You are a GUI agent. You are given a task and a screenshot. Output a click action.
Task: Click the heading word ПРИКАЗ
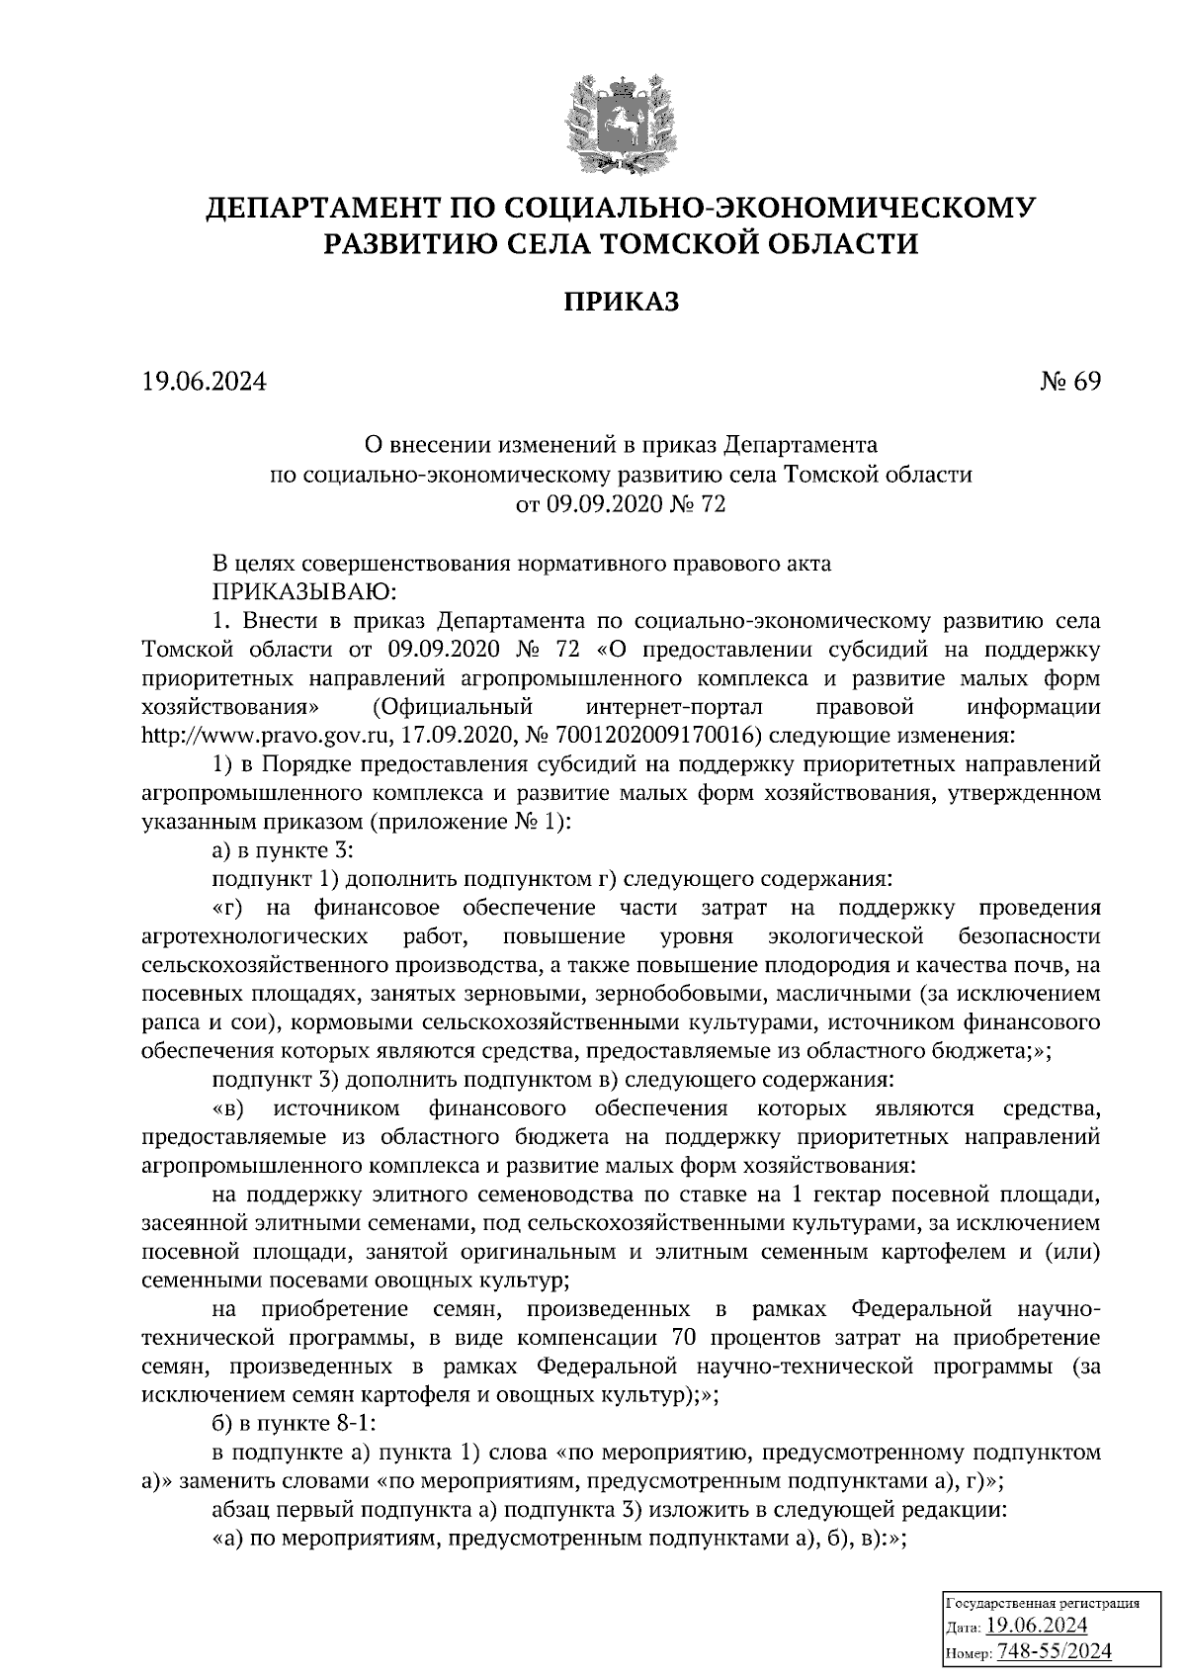(x=621, y=302)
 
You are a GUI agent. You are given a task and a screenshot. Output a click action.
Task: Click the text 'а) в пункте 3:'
(x=276, y=849)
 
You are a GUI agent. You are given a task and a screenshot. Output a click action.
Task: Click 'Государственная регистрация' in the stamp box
(x=1043, y=1602)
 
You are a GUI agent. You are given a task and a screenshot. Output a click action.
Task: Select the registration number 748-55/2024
(x=1054, y=1650)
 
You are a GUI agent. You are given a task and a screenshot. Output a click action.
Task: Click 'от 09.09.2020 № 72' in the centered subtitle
(x=621, y=505)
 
